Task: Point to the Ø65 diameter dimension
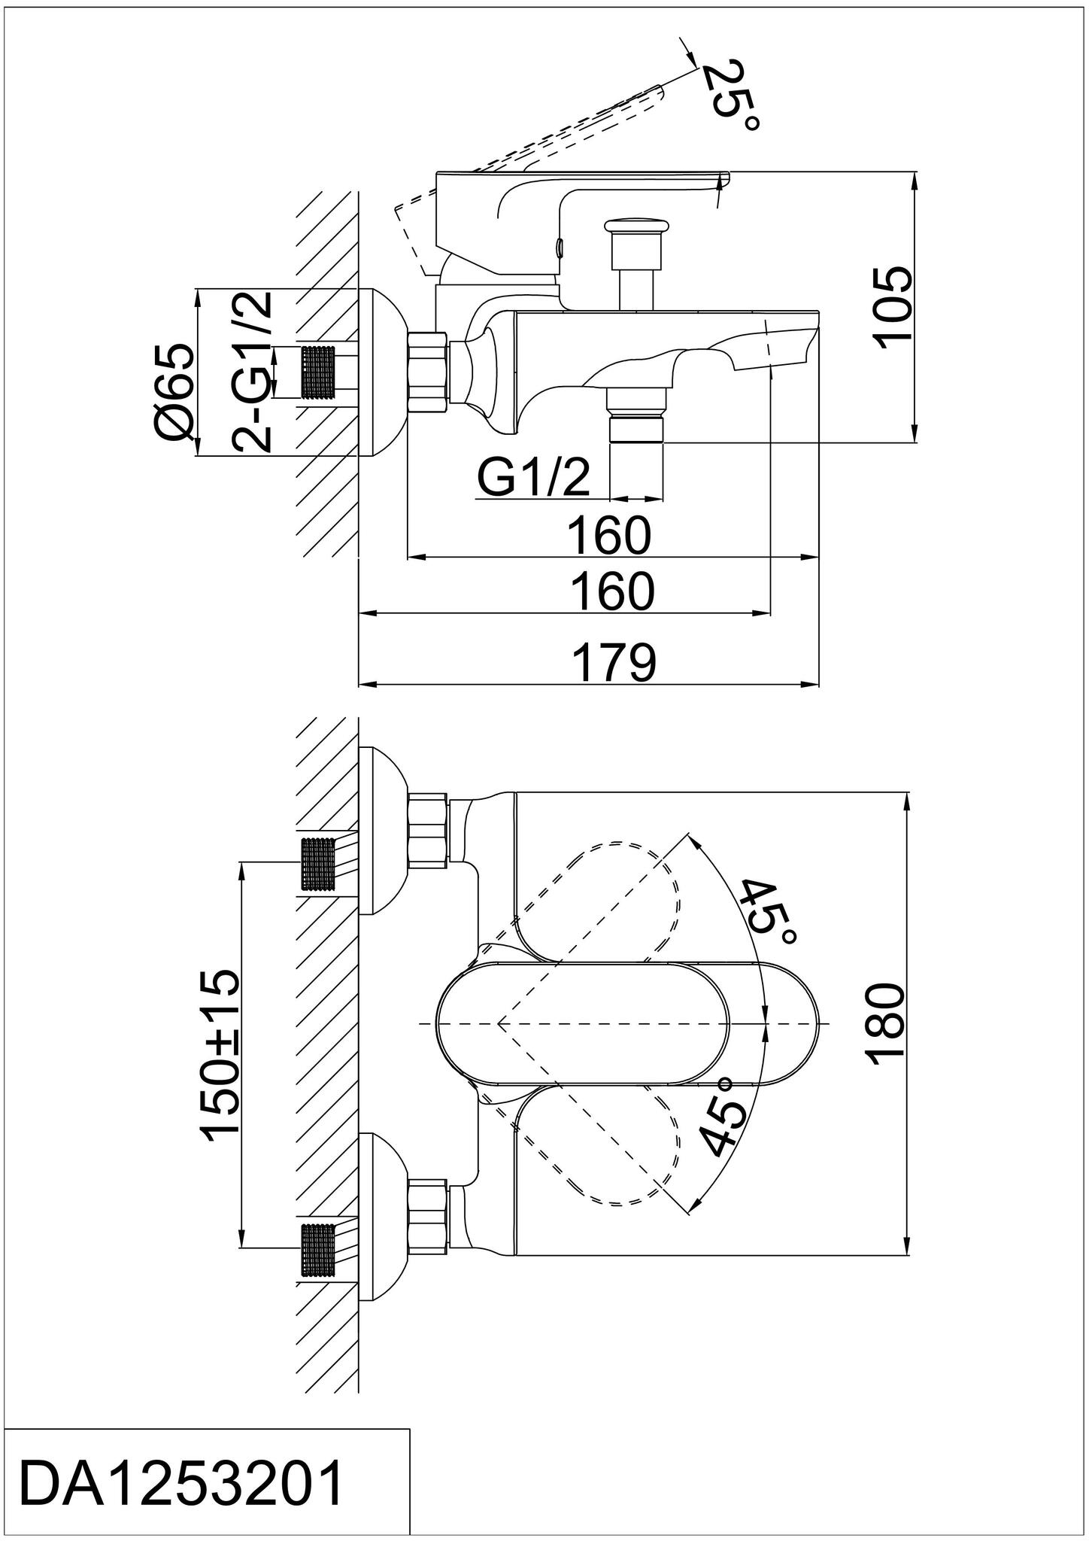(x=174, y=391)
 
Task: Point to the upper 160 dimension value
(x=608, y=536)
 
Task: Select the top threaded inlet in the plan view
(x=317, y=865)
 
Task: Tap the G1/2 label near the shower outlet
(x=533, y=478)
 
